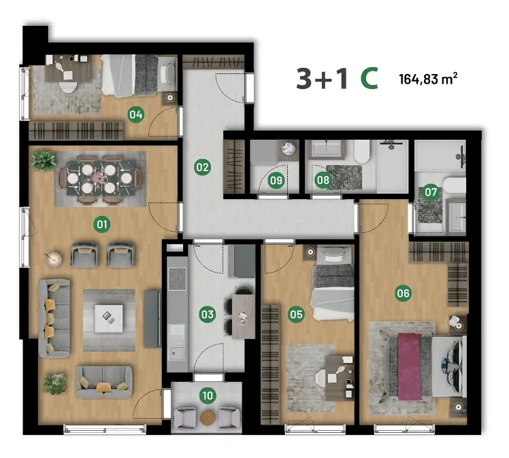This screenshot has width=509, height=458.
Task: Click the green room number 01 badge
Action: (x=102, y=224)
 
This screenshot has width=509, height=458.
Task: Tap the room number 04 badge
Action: (x=135, y=114)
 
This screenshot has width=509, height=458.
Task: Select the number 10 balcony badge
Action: (x=208, y=395)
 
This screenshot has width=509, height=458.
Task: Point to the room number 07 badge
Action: (x=431, y=192)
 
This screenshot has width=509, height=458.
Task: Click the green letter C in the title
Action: (x=370, y=79)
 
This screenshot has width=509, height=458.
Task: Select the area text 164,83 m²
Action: (x=428, y=79)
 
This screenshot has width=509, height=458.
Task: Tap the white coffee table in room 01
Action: (x=108, y=319)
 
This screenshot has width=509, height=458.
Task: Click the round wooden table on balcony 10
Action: (x=208, y=418)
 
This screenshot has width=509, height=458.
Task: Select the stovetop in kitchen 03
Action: (x=177, y=279)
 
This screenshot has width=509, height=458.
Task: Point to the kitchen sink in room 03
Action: (x=177, y=352)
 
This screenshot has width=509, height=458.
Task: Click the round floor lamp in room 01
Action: (x=53, y=259)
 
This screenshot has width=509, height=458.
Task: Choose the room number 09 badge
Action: (x=276, y=180)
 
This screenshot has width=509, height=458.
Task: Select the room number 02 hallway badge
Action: (x=202, y=167)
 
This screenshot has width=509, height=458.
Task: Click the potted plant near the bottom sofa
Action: (x=54, y=383)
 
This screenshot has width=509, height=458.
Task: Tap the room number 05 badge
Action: (x=296, y=314)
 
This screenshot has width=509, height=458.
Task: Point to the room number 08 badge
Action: (x=323, y=179)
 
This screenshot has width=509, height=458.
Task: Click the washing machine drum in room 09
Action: (x=288, y=148)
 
